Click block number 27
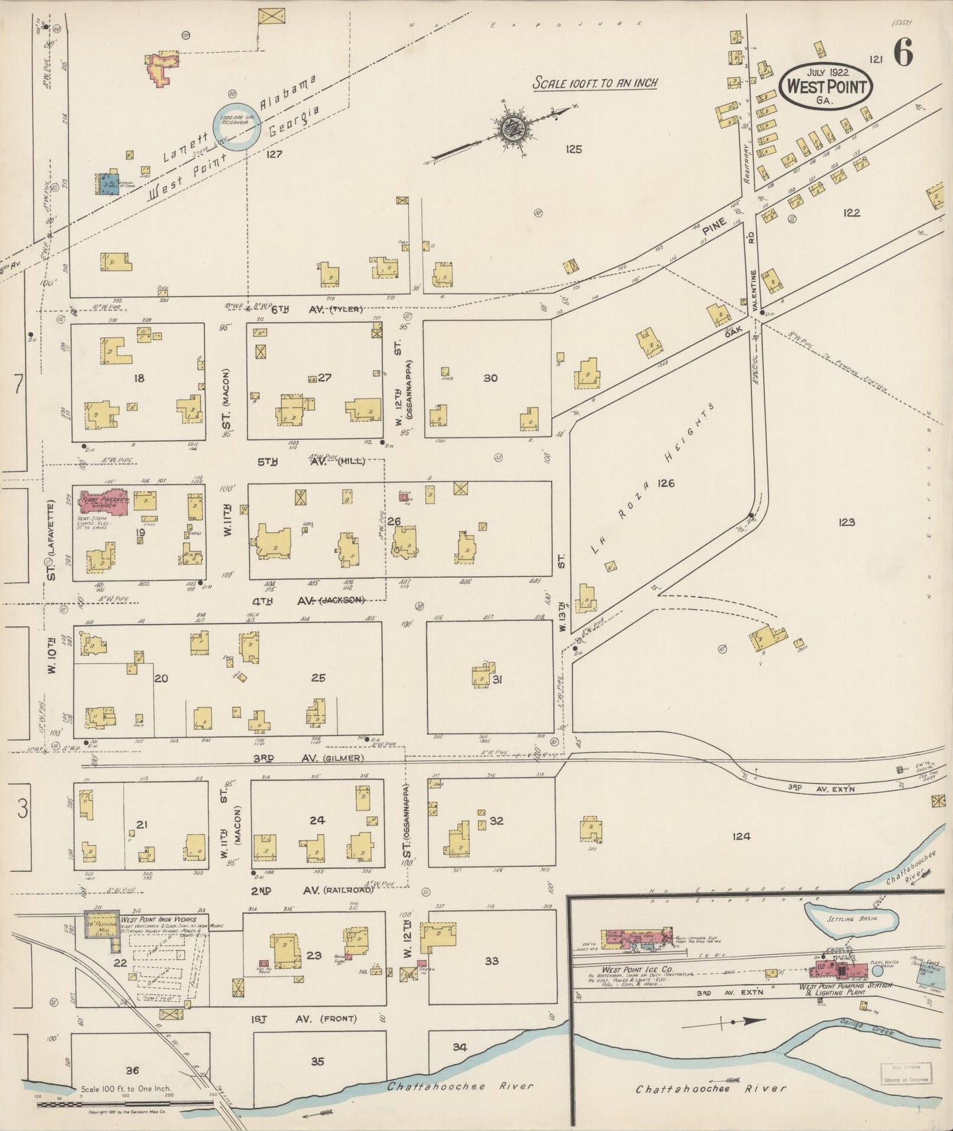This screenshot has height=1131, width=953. click(x=324, y=377)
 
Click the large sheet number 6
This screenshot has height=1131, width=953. click(x=903, y=53)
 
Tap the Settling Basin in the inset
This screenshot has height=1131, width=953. click(x=851, y=919)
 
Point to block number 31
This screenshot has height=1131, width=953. click(x=497, y=678)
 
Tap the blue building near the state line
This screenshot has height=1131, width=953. click(x=106, y=184)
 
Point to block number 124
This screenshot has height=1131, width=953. click(x=741, y=836)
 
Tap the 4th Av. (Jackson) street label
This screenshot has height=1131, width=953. click(x=310, y=600)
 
